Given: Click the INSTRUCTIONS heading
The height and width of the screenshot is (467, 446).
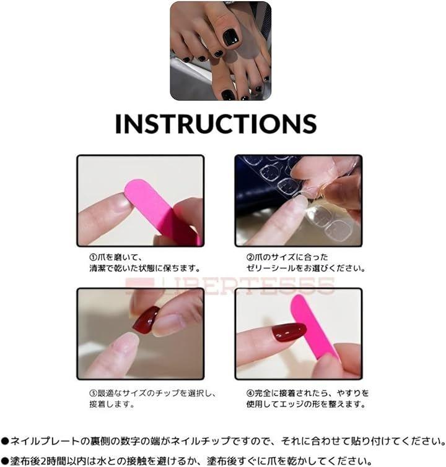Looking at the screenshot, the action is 216,123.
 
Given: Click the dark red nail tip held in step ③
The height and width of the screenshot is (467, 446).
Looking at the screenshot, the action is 146,320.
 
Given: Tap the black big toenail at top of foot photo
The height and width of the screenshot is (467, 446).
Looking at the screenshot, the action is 231,37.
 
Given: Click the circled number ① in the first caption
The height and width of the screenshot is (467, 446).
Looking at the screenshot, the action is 93,257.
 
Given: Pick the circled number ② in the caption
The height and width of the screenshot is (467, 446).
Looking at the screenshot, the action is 250,257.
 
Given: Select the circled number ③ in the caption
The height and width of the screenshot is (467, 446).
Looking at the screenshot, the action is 93,393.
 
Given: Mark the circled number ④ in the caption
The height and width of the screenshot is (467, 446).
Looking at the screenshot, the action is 250,393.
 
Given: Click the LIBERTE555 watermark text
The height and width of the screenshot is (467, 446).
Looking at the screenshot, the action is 230,286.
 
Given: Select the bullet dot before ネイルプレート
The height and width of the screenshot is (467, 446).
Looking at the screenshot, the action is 5,441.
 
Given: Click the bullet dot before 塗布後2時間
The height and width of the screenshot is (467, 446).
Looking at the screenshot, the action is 5,461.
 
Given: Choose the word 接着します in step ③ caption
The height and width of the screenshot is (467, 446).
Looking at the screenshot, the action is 111,404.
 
